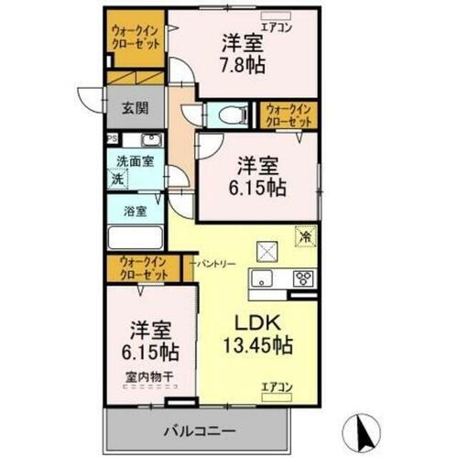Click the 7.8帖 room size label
coord(243,65)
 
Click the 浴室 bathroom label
coord(134,211)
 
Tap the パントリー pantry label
coord(216,264)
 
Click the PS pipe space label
coord(112,139)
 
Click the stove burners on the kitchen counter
coord(303,278)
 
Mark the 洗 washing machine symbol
coord(116,180)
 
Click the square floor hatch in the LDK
coord(267,247)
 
